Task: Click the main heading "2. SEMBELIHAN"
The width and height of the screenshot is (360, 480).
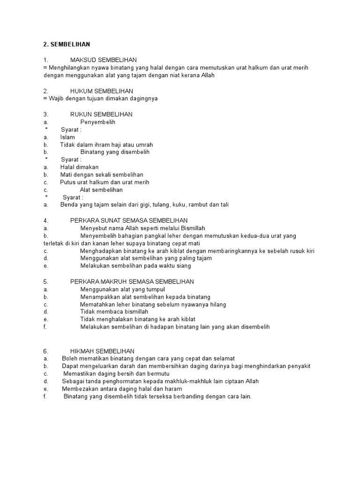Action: [66, 45]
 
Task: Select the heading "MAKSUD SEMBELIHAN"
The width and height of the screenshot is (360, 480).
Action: [103, 60]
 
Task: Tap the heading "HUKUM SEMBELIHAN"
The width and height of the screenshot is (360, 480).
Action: [101, 91]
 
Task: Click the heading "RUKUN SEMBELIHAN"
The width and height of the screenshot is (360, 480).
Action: [101, 114]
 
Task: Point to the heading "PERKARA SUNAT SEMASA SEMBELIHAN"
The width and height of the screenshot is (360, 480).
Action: [129, 220]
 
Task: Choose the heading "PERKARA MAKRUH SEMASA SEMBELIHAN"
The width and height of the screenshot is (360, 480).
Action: [132, 282]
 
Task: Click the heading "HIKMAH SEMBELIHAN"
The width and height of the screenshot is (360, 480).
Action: [102, 351]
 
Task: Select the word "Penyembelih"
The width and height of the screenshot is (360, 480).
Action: [97, 122]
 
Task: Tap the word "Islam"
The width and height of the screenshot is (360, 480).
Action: [67, 137]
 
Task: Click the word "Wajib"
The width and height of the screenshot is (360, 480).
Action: [57, 98]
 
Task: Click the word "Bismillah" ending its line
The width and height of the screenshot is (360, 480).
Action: [193, 228]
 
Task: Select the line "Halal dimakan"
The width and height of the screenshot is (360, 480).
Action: [79, 167]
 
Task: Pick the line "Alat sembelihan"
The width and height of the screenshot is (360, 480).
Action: [101, 190]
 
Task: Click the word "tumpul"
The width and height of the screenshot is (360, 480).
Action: [156, 289]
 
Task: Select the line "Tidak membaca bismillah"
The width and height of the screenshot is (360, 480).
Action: [114, 312]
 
